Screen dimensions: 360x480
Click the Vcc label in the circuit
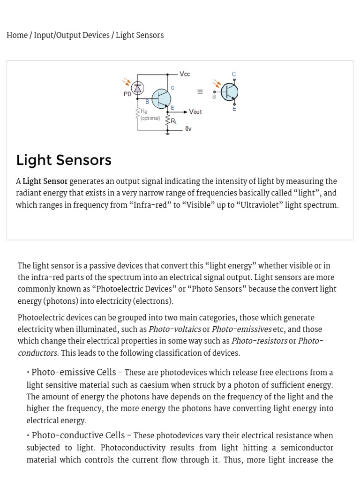(185, 74)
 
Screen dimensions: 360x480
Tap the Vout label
(195, 112)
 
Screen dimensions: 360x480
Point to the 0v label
(188, 129)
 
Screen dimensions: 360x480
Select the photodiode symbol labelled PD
(137, 87)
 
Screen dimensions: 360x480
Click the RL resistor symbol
(168, 120)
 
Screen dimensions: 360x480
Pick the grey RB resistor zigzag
(138, 113)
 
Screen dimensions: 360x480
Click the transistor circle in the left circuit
(161, 98)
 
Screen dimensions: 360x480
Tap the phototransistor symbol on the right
(229, 92)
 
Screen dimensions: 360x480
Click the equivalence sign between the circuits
(200, 92)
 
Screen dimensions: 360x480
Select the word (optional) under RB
(150, 118)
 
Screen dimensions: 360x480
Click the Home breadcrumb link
(17, 36)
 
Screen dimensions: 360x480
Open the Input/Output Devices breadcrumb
(72, 36)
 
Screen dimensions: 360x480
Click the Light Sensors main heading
(64, 160)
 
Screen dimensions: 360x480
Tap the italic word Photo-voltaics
(175, 330)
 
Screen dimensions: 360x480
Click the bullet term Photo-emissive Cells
(74, 373)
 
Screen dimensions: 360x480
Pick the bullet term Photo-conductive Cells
(78, 435)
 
